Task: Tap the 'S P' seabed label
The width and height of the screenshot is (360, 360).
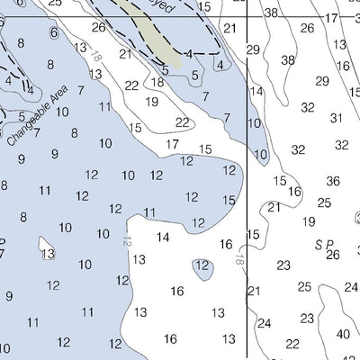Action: pyautogui.click(x=323, y=244)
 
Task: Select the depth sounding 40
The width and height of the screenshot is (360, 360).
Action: pyautogui.click(x=343, y=334)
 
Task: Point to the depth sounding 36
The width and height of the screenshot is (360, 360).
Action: pyautogui.click(x=333, y=181)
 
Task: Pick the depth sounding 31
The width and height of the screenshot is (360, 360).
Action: pyautogui.click(x=337, y=118)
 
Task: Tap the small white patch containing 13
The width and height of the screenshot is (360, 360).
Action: pyautogui.click(x=48, y=253)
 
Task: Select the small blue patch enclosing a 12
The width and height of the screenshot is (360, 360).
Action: pyautogui.click(x=202, y=265)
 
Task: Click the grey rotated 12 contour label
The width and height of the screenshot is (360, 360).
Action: pyautogui.click(x=127, y=241)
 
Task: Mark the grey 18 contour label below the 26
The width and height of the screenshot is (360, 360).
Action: pyautogui.click(x=95, y=58)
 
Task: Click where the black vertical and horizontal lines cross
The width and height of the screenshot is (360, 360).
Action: pyautogui.click(x=247, y=17)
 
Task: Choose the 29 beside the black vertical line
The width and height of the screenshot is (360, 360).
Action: pyautogui.click(x=253, y=49)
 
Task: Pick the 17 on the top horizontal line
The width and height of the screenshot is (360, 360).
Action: pyautogui.click(x=331, y=17)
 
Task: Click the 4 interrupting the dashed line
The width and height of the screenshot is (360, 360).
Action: pyautogui.click(x=188, y=53)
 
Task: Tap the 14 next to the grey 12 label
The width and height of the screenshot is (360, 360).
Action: pyautogui.click(x=163, y=238)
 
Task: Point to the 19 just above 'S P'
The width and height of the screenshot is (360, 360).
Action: pyautogui.click(x=309, y=221)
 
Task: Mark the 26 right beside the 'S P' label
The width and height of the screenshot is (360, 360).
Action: pyautogui.click(x=333, y=255)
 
